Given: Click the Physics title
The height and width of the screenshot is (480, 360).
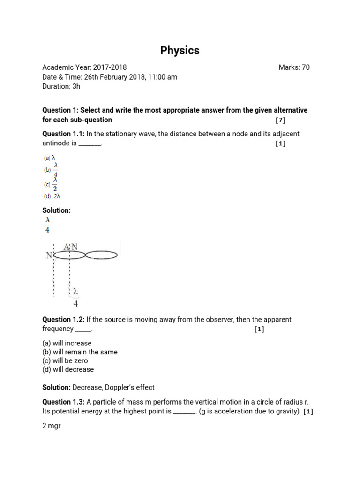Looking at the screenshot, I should [x=180, y=51].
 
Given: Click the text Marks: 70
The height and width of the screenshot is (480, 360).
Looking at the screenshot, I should [x=294, y=67].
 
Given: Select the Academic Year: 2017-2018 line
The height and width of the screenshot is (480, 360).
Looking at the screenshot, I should [x=84, y=67].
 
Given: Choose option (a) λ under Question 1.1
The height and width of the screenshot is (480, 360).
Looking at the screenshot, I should [x=50, y=158].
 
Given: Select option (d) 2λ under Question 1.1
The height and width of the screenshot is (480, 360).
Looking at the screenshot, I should [x=52, y=196].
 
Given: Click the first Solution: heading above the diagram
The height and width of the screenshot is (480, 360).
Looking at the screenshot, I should [x=57, y=210].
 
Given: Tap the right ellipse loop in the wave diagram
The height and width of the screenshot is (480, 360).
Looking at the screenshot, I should [x=102, y=255].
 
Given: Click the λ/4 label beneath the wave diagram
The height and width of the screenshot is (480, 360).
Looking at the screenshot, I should [x=75, y=298].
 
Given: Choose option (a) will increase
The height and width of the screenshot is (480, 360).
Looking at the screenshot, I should [x=67, y=343].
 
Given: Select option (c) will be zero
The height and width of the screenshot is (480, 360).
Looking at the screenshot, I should [x=65, y=361].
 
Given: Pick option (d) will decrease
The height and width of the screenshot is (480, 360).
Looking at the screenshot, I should [x=68, y=369].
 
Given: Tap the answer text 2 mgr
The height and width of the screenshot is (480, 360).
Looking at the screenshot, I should [x=52, y=426].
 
